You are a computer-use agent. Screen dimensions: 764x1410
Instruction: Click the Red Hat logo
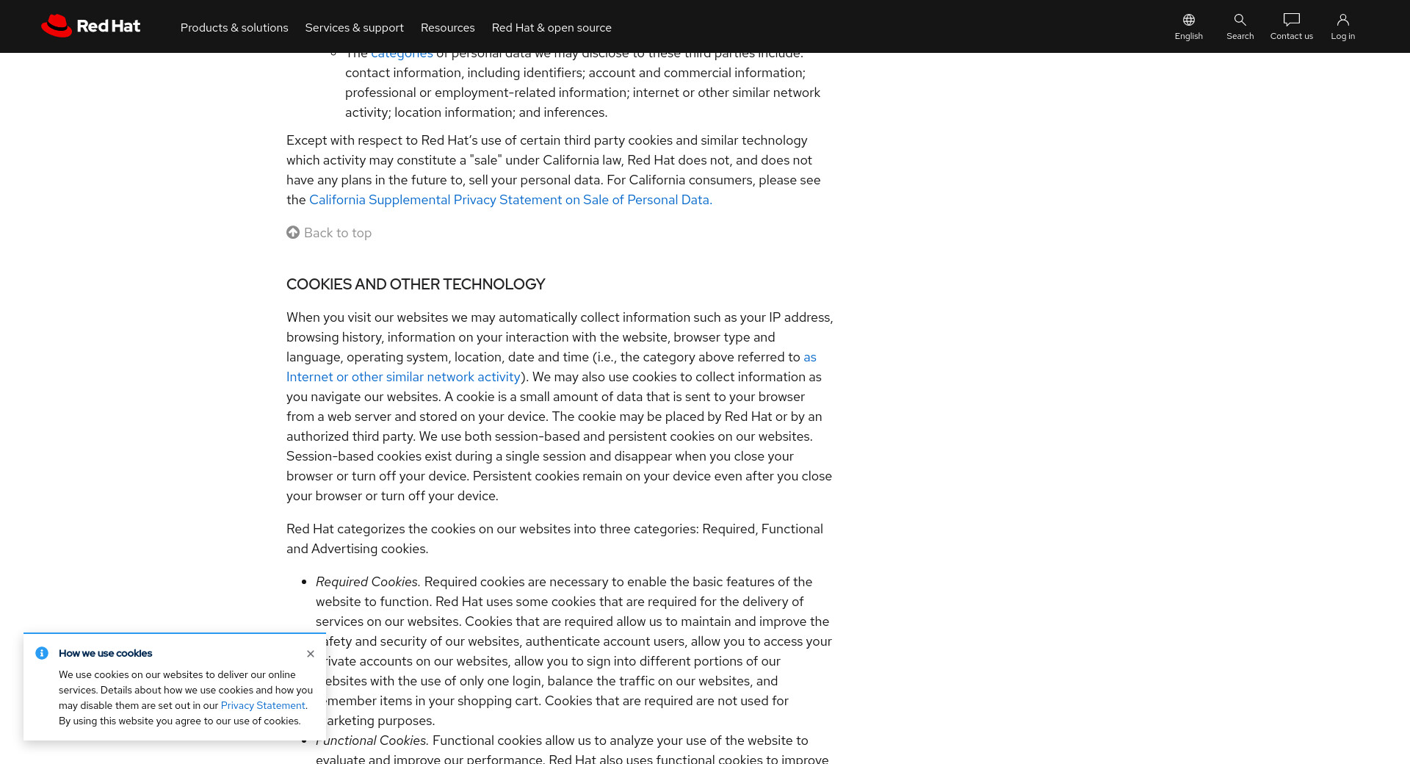(x=90, y=26)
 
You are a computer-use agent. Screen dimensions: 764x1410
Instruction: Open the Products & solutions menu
(x=234, y=28)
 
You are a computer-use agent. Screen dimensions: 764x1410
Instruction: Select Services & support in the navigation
(x=354, y=28)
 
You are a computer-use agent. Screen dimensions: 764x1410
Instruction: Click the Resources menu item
(x=447, y=28)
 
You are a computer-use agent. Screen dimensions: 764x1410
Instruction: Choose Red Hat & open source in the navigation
(x=552, y=28)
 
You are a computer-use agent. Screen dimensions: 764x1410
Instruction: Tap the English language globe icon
(x=1188, y=20)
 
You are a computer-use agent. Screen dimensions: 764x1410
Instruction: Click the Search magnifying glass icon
(x=1240, y=20)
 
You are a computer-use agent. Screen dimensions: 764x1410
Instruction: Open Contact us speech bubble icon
(x=1291, y=20)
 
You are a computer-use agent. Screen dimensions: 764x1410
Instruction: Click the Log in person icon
(x=1342, y=20)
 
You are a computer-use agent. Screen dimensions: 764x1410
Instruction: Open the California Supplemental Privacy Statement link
(x=510, y=200)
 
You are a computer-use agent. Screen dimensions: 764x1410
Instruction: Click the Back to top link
(x=338, y=233)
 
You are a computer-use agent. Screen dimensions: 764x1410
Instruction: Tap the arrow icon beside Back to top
(x=293, y=232)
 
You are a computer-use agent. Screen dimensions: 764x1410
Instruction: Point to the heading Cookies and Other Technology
(x=416, y=284)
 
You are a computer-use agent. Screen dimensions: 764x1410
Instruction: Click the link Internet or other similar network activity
(x=403, y=377)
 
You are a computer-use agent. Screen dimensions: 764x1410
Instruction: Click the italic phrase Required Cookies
(x=367, y=582)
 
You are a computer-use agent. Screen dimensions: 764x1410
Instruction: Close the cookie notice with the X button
(x=311, y=654)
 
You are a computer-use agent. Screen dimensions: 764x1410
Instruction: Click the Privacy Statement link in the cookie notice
(x=263, y=706)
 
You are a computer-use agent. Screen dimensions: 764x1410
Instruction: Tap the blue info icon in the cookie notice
(x=42, y=653)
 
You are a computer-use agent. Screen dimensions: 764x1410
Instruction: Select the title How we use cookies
(x=105, y=653)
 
